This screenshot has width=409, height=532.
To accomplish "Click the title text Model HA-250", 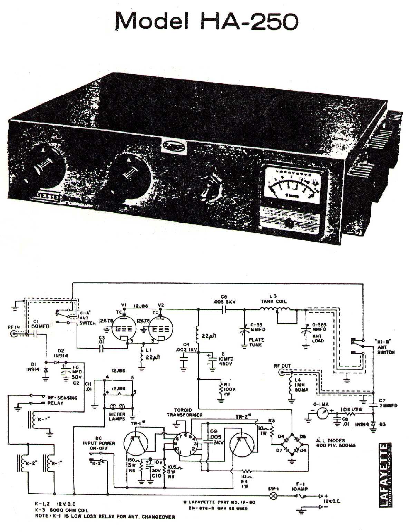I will (206, 21).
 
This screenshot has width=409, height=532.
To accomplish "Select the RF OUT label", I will (282, 366).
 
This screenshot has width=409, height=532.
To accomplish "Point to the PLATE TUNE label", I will (256, 342).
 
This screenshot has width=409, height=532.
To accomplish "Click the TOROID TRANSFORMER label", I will (184, 412).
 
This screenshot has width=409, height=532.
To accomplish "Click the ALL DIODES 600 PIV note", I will (335, 443).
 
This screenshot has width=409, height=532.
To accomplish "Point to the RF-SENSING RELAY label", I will (62, 400).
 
